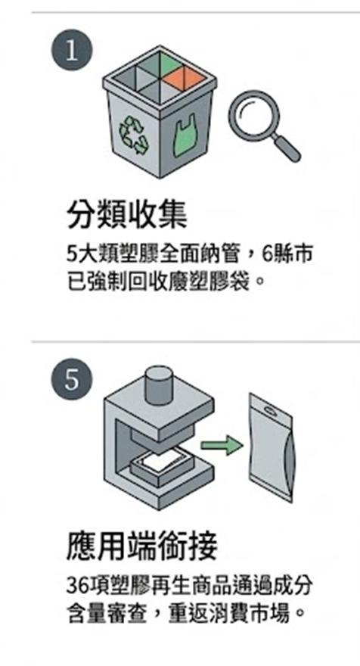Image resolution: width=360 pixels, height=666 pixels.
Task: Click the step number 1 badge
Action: (x=72, y=50)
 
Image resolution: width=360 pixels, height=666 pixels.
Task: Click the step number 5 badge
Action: (x=72, y=378)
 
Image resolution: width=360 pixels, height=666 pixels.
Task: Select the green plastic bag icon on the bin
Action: (x=185, y=135)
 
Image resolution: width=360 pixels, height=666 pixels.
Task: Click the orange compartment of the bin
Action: (x=185, y=76)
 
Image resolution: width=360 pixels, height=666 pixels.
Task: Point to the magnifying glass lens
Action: (x=254, y=113)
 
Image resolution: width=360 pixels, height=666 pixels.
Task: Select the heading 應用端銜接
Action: (x=142, y=545)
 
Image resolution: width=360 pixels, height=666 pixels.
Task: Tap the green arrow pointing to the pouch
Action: (x=221, y=445)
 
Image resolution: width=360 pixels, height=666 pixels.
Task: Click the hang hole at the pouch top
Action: (x=271, y=410)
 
